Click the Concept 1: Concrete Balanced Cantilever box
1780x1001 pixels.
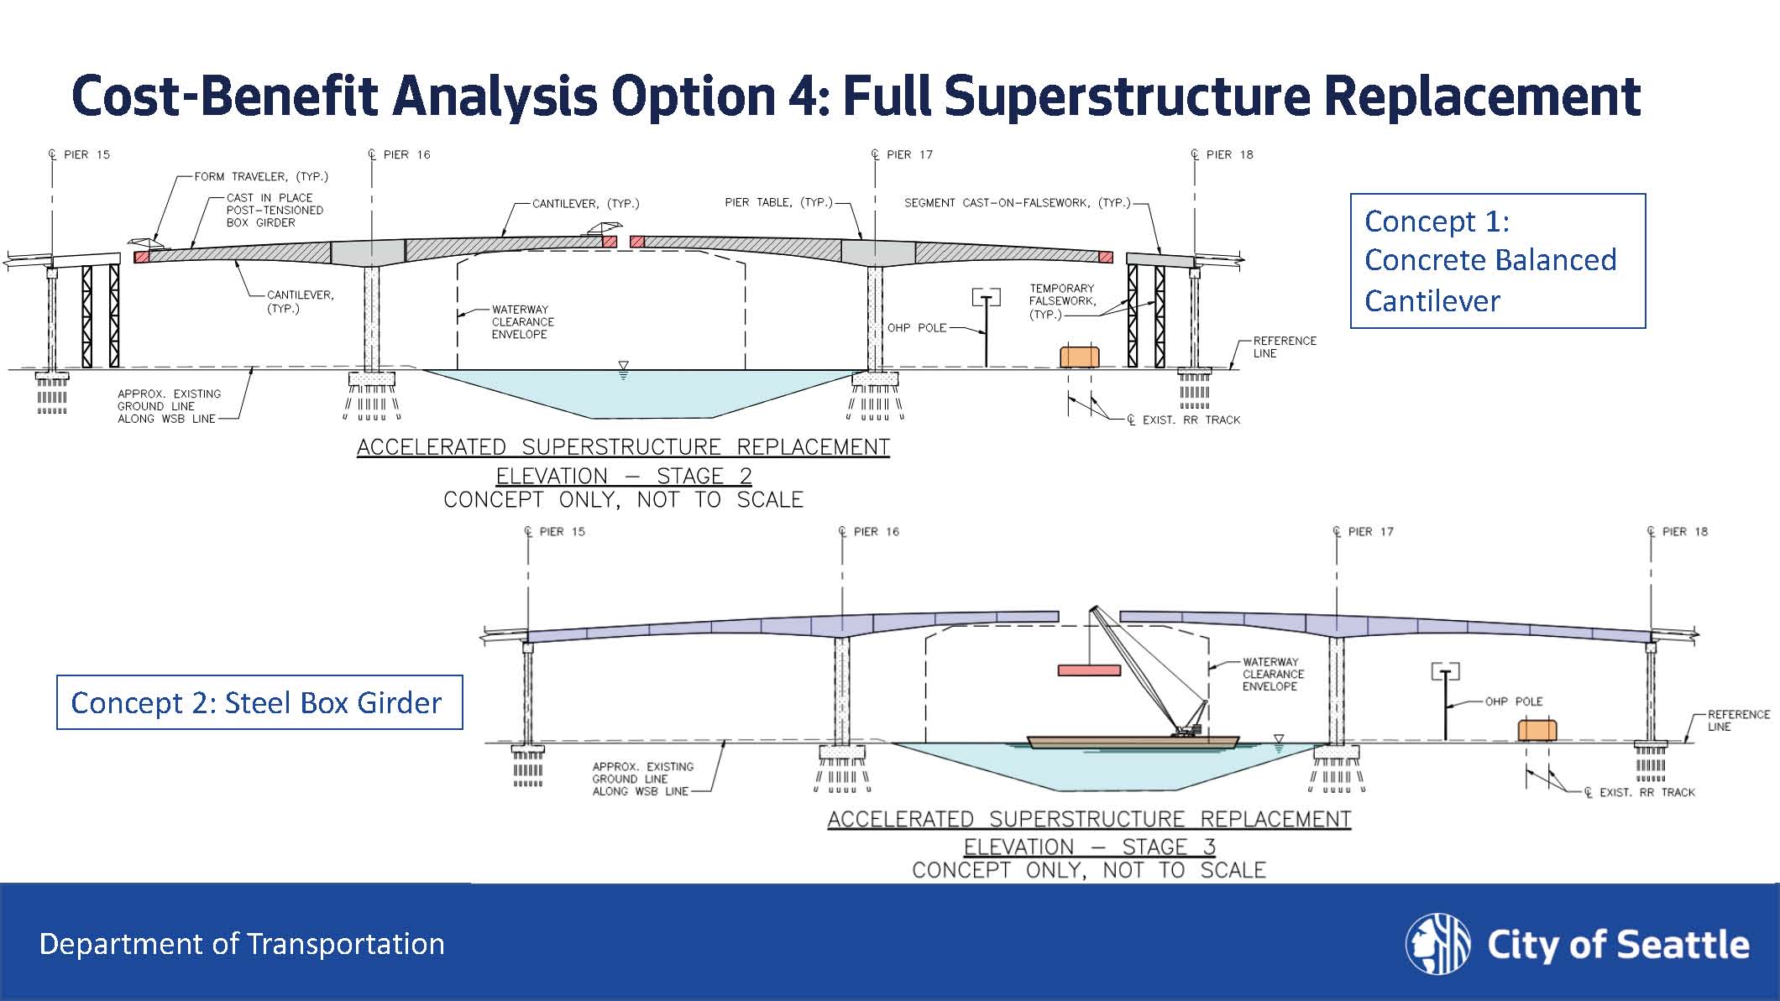click(1497, 260)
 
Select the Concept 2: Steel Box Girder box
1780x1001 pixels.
click(259, 702)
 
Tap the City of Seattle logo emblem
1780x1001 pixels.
click(1437, 943)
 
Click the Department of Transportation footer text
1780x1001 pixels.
click(242, 944)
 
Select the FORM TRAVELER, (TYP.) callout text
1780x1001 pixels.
click(261, 176)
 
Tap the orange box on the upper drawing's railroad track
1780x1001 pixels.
click(1079, 357)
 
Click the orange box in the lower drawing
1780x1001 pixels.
click(1537, 730)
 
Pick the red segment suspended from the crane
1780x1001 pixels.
click(1089, 670)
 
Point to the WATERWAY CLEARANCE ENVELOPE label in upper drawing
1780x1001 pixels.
click(522, 321)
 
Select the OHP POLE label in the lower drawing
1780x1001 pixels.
click(1513, 701)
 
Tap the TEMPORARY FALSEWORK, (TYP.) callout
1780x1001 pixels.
click(1061, 300)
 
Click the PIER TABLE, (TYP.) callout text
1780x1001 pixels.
click(778, 202)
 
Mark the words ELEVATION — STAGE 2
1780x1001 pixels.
click(623, 476)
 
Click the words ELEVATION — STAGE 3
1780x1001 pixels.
click(1089, 847)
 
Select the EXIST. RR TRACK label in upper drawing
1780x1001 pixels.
click(1191, 420)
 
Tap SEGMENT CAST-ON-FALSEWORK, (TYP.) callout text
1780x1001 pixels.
click(1017, 202)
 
